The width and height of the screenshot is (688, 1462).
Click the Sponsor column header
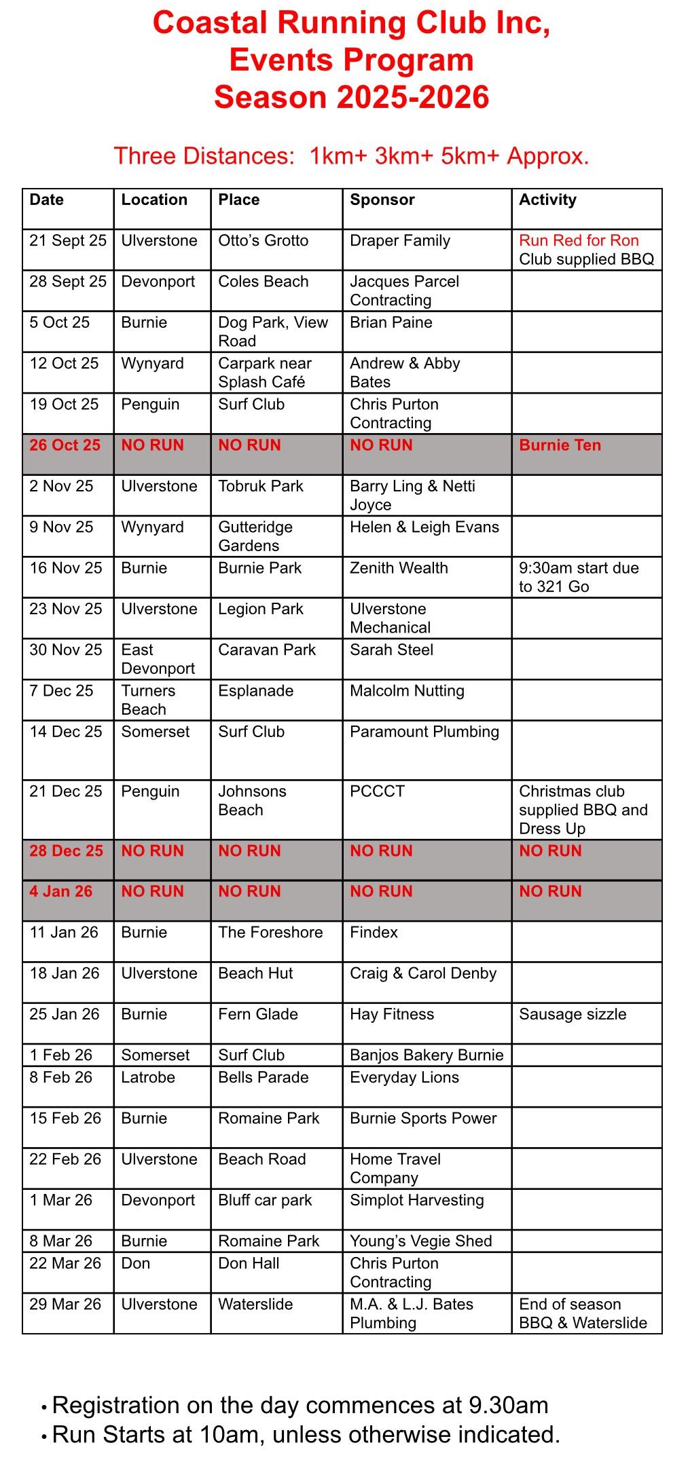[382, 200]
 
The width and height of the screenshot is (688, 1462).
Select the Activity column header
[547, 200]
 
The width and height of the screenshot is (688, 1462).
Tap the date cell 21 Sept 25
[68, 240]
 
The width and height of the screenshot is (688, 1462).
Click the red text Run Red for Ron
[579, 240]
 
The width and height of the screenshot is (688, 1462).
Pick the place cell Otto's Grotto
[263, 240]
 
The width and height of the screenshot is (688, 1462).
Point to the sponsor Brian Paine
[391, 322]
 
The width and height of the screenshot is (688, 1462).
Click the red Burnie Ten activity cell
[560, 445]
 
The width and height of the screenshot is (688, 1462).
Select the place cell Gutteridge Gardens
[255, 536]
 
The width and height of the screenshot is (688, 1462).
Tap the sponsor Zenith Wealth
[399, 568]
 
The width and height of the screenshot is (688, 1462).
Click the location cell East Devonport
[158, 659]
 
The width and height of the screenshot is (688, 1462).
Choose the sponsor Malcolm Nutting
[407, 691]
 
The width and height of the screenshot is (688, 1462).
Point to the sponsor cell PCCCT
[377, 791]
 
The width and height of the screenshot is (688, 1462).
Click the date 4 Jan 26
[60, 892]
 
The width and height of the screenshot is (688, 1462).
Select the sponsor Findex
[374, 933]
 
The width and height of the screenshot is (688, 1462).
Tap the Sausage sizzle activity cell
[573, 1015]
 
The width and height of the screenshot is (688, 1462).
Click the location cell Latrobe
[148, 1078]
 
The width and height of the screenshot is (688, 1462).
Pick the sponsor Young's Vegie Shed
[420, 1241]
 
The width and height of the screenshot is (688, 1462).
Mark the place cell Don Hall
[249, 1264]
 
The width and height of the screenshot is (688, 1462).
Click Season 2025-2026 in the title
[351, 97]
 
